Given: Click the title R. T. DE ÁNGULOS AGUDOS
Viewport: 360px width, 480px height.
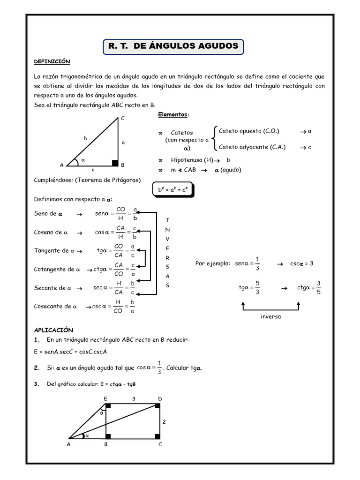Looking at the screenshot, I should point(173,46).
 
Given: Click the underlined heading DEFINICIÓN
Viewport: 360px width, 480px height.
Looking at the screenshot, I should point(52,62).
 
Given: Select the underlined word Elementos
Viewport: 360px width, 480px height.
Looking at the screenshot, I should point(173,115).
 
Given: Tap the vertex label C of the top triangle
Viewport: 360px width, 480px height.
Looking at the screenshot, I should point(123,119).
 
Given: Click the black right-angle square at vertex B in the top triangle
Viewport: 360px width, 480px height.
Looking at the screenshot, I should point(115,163).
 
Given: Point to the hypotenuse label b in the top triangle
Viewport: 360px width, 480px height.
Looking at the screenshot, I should point(85,138).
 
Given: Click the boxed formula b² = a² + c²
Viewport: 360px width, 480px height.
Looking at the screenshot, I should point(173,190).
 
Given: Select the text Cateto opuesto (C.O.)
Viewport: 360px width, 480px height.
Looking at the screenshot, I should point(249,131).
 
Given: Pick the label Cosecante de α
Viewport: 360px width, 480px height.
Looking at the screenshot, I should point(55,306).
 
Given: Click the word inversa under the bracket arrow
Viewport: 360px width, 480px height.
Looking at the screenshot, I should point(270,316).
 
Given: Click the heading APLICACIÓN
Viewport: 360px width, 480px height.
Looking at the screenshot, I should point(53,330).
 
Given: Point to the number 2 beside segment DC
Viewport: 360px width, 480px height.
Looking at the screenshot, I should point(164,422).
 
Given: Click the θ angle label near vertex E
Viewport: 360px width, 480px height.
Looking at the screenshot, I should point(102,413).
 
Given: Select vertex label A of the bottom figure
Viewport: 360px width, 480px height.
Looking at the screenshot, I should point(68,444).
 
